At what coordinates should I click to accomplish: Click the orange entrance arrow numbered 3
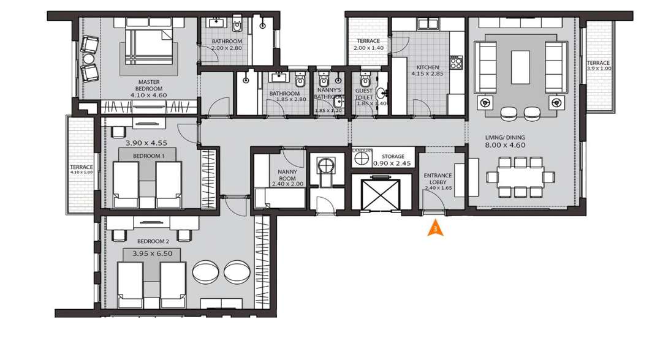coord(435,230)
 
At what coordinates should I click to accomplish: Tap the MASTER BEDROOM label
coord(149,85)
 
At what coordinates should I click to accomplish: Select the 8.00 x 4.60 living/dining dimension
coord(505,145)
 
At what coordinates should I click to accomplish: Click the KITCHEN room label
coord(427,67)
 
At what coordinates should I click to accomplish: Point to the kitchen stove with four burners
coord(456,62)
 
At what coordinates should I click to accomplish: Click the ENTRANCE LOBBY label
coord(438,179)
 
